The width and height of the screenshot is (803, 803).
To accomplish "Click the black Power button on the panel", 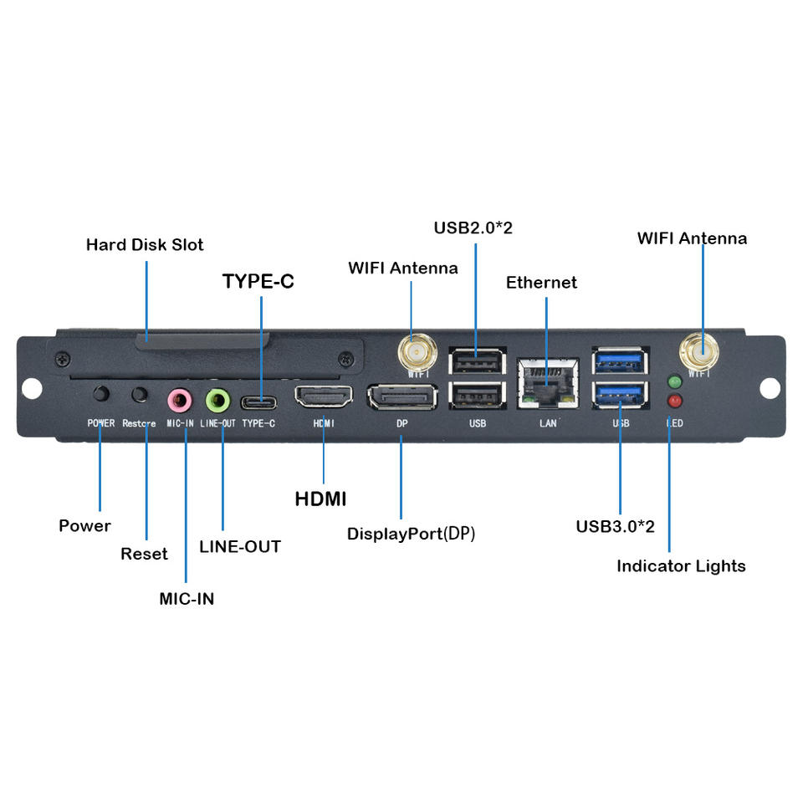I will [102, 393].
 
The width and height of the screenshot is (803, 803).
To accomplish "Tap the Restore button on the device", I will [141, 394].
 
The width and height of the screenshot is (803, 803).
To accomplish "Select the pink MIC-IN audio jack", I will [179, 399].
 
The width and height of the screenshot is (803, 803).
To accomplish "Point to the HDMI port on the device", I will [323, 396].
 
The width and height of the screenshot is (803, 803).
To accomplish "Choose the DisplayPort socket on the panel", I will [401, 397].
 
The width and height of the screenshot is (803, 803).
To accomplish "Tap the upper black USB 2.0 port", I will [477, 361].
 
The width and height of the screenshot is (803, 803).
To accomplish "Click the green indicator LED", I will [674, 382].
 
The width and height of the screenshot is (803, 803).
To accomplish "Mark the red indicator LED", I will [674, 401].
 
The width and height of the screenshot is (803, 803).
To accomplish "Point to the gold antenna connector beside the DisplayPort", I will [417, 352].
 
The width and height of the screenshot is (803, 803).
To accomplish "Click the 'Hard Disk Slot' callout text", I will [145, 245].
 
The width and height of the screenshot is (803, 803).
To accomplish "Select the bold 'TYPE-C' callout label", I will [258, 282].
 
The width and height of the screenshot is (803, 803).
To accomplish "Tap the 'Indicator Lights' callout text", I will [681, 566].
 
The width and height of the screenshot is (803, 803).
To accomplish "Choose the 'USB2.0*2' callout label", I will [473, 228].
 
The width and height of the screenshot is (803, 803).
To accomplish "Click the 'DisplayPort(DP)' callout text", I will [411, 534].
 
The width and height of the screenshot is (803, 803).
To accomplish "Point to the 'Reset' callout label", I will [144, 554].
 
